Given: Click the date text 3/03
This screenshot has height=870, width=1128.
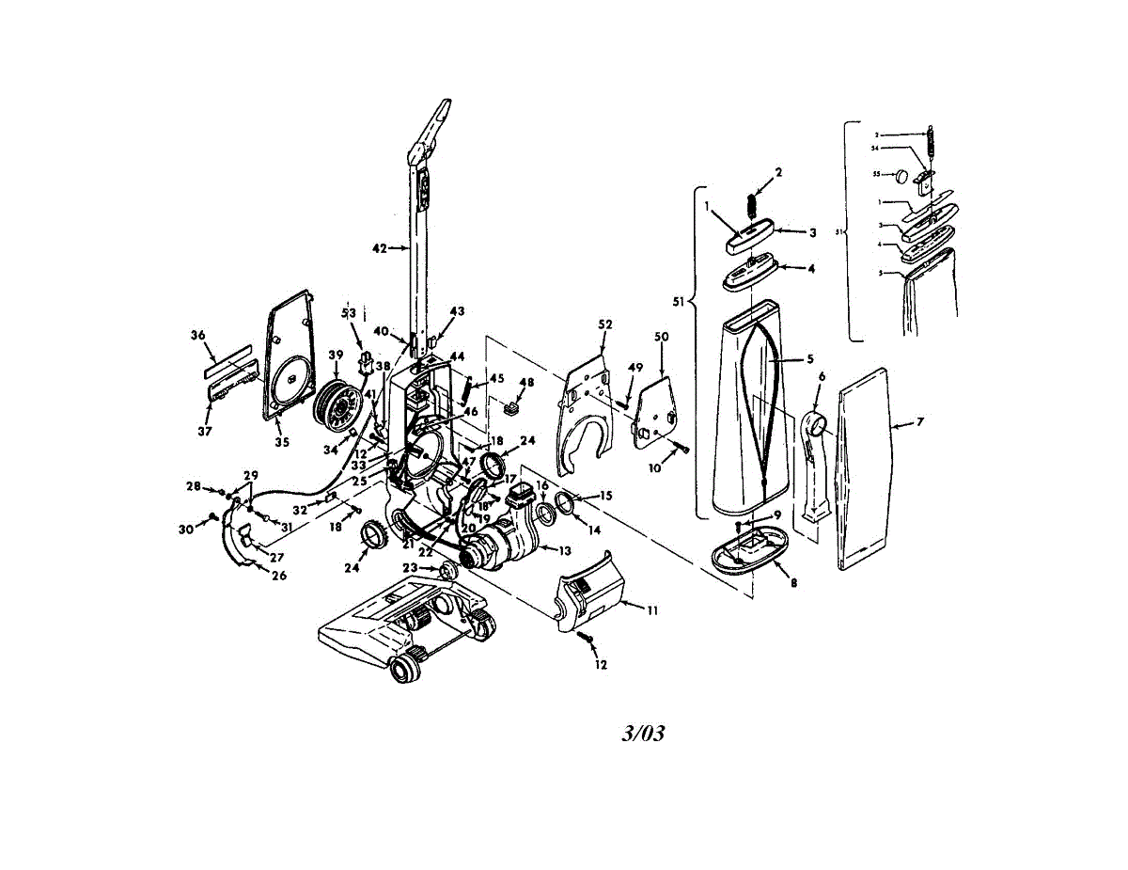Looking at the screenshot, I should [643, 734].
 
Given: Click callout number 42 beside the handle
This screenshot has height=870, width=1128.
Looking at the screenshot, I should [379, 249].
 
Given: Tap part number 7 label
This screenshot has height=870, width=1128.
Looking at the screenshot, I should [919, 422].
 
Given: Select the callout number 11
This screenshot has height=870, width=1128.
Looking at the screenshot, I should [651, 609].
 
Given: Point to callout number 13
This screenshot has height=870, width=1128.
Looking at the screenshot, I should [564, 549].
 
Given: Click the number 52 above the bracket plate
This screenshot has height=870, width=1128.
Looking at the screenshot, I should [604, 324].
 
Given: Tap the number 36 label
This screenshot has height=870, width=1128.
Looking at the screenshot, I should [197, 335].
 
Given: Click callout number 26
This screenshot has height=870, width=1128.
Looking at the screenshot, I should [279, 576].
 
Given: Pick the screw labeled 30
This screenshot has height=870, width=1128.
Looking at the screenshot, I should [213, 516].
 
